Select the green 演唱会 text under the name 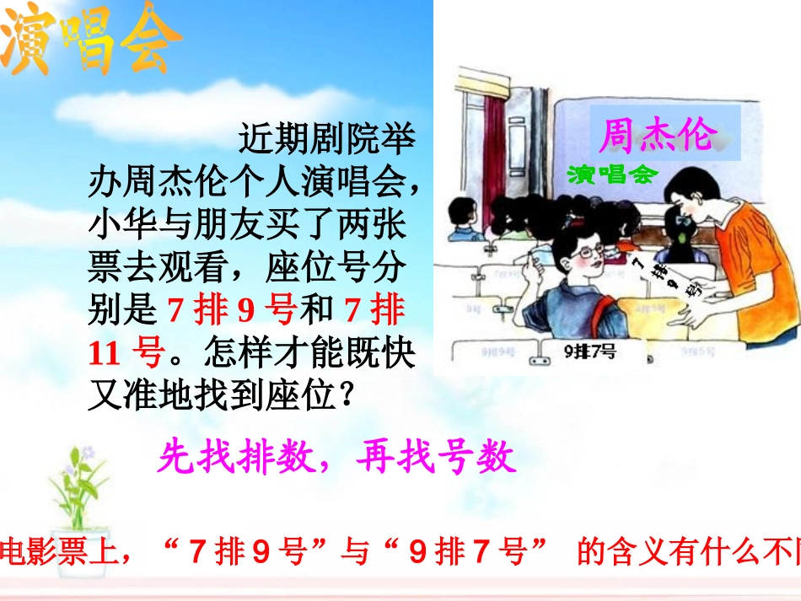[x=611, y=174]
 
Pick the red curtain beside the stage [x=494, y=152]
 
